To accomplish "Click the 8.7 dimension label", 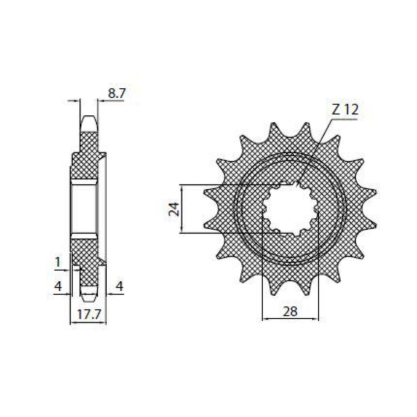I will tap(116, 94).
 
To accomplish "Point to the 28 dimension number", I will tap(290, 311).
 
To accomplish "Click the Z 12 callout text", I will tap(344, 110).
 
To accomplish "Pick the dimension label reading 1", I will tap(58, 263).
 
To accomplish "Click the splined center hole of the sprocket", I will tap(290, 209).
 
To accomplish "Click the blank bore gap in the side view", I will tap(83, 208).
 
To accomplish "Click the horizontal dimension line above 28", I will tap(290, 318).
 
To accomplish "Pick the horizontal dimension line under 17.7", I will tap(88, 323).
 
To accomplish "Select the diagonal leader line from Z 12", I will tap(316, 149).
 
